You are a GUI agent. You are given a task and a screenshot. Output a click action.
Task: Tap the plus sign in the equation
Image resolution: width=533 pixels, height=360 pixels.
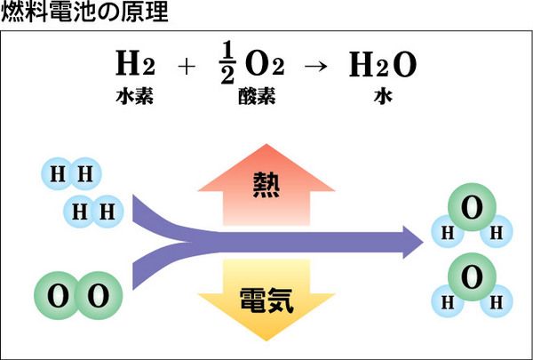[x=186, y=67]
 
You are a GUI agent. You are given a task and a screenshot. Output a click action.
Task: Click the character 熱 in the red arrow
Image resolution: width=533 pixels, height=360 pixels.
[x=266, y=185]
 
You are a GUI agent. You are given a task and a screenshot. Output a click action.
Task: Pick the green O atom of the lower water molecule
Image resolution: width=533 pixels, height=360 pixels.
[x=472, y=276]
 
